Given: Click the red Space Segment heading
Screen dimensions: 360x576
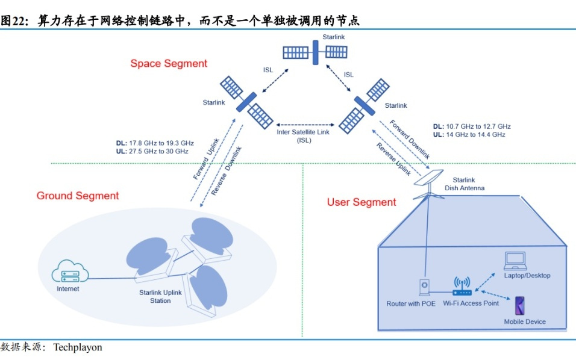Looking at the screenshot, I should pyautogui.click(x=169, y=63).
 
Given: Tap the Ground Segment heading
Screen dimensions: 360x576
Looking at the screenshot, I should pyautogui.click(x=78, y=196).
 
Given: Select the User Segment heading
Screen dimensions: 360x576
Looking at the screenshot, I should pyautogui.click(x=362, y=202).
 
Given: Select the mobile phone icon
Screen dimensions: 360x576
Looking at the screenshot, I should pyautogui.click(x=519, y=305).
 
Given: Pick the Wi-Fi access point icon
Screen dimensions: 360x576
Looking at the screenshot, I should pyautogui.click(x=462, y=287).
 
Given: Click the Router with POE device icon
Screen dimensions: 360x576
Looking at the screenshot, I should pyautogui.click(x=424, y=287).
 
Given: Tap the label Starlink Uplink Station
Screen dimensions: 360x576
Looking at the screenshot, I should pyautogui.click(x=160, y=296).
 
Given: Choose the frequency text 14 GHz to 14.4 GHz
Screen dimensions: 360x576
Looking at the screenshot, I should pyautogui.click(x=475, y=135).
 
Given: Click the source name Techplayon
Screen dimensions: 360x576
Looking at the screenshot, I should pyautogui.click(x=78, y=347).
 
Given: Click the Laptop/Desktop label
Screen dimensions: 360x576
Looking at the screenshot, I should pyautogui.click(x=527, y=276).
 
